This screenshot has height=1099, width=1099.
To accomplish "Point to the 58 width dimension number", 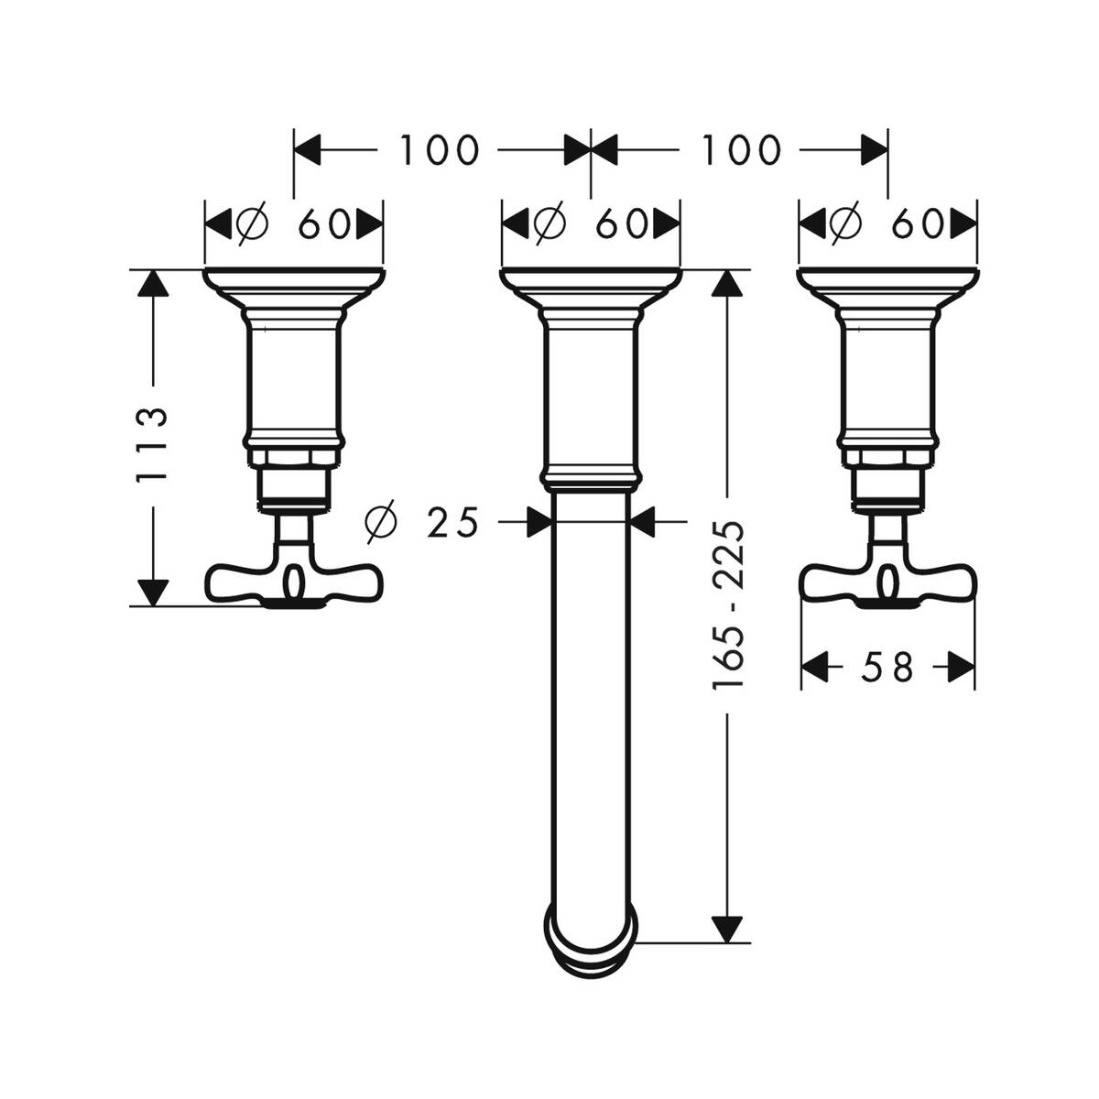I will pyautogui.click(x=887, y=667).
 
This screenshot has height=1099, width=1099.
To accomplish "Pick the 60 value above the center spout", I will pyautogui.click(x=622, y=223).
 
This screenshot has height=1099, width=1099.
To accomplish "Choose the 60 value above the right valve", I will pyautogui.click(x=918, y=223).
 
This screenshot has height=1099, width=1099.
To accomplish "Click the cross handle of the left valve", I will pyautogui.click(x=293, y=581).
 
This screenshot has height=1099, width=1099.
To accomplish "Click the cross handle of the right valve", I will pyautogui.click(x=887, y=581).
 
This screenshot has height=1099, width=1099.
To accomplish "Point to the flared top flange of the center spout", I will pyautogui.click(x=592, y=285).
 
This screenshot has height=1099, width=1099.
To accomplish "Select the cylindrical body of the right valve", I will pyautogui.click(x=887, y=375).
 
